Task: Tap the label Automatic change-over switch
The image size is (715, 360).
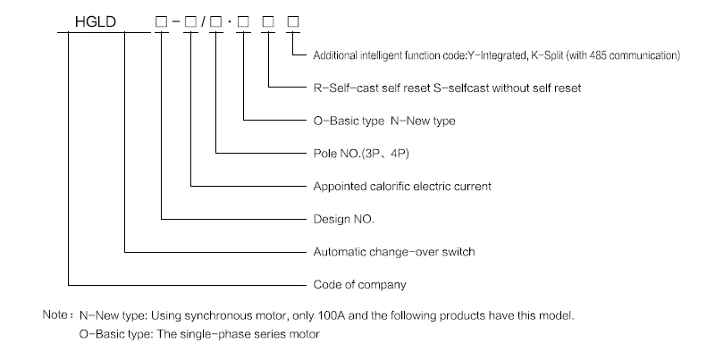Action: (x=393, y=252)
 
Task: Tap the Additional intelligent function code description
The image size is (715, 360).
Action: (x=497, y=55)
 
